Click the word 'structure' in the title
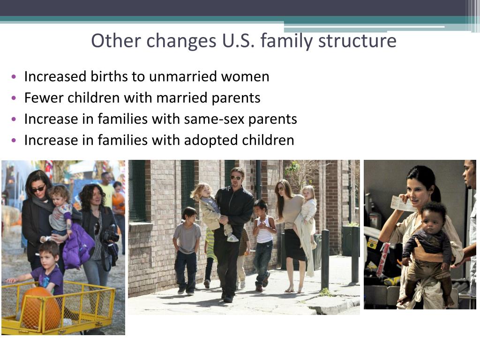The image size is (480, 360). click(357, 41)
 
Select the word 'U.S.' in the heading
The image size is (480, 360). click(239, 41)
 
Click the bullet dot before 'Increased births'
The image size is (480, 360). click(14, 76)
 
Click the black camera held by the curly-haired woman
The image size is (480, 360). click(111, 235)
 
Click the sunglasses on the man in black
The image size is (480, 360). click(236, 178)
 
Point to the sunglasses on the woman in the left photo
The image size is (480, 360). click(38, 189)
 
